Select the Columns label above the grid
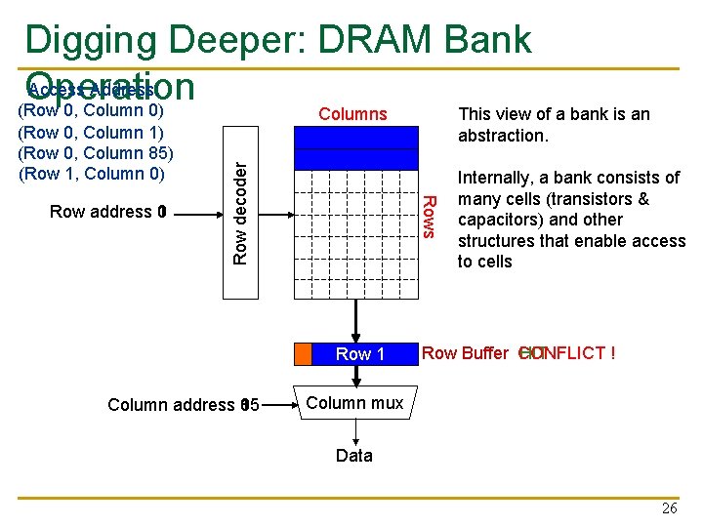click(352, 114)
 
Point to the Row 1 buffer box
click(359, 354)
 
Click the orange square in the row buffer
click(303, 354)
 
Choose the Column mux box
click(354, 403)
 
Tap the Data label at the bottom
click(353, 455)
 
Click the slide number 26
click(669, 508)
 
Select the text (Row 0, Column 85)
click(97, 153)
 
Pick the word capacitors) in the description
click(498, 220)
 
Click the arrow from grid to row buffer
click(355, 319)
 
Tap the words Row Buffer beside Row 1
click(465, 353)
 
